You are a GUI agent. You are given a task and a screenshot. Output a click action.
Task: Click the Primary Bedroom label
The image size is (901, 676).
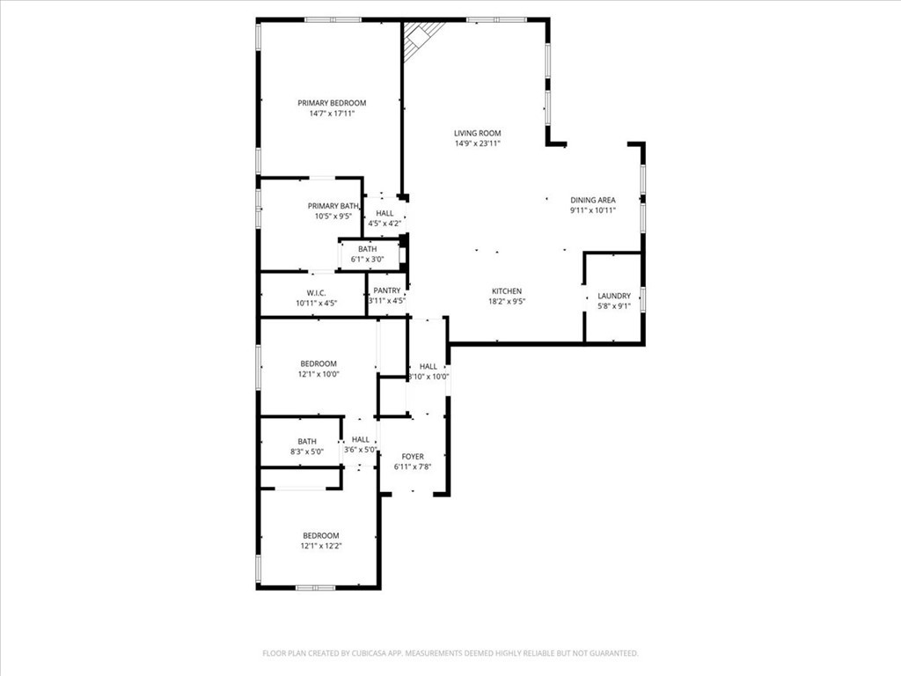tap(332, 103)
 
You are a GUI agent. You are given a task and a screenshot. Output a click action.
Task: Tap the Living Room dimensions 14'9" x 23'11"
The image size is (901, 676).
tap(478, 143)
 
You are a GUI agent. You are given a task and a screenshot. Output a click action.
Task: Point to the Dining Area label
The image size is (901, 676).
tap(593, 200)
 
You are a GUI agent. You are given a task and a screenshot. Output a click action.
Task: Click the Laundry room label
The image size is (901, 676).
tap(613, 296)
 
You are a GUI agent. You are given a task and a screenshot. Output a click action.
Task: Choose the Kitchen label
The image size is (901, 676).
tap(507, 290)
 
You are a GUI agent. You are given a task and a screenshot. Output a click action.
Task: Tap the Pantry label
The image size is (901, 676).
tap(387, 290)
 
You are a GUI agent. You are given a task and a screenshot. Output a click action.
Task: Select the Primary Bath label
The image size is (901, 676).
tap(333, 206)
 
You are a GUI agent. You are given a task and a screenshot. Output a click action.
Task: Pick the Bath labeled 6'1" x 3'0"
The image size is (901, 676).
tap(367, 249)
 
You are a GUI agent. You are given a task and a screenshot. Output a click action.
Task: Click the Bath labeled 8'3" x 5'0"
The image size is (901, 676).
tap(307, 441)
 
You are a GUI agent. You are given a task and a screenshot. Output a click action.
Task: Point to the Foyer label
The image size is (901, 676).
tap(413, 456)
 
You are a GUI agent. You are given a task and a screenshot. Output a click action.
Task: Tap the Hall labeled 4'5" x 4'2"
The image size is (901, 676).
tap(385, 213)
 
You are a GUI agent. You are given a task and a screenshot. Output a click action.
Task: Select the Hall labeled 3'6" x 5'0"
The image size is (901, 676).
tap(361, 439)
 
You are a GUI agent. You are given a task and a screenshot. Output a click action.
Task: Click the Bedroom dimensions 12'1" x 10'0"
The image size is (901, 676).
tap(319, 374)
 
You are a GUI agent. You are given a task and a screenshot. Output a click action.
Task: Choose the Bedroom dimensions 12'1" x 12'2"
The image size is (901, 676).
tap(320, 546)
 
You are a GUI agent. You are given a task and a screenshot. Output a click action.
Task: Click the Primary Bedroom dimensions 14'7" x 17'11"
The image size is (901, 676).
tap(332, 114)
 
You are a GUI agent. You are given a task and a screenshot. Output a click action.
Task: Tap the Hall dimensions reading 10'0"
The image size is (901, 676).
tap(429, 377)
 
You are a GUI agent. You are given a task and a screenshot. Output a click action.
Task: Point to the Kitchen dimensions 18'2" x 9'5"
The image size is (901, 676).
tap(507, 301)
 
